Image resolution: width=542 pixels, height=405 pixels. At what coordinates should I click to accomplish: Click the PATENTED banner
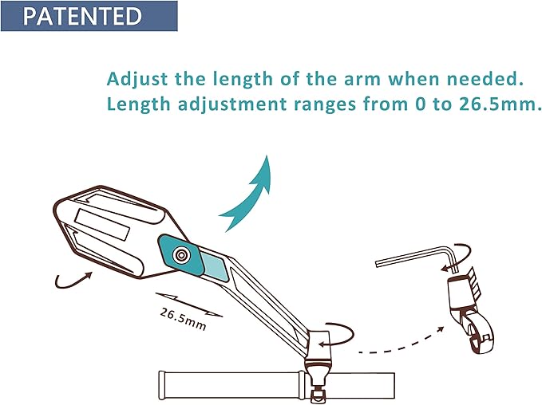[x=89, y=16]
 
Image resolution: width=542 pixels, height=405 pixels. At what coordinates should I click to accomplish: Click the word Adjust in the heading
[x=137, y=79]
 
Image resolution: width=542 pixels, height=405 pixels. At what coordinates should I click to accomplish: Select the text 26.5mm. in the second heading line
[x=500, y=104]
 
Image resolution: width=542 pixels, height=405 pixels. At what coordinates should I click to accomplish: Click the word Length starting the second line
[x=139, y=104]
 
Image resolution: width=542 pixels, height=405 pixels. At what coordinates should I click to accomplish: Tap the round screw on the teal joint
[x=180, y=255]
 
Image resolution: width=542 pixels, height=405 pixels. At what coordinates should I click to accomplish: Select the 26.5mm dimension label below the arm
[x=183, y=319]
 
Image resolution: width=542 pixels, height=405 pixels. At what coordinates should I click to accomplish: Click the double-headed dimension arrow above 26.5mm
[x=188, y=305]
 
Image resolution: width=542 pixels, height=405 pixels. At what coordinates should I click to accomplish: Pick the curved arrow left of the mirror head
[x=72, y=281]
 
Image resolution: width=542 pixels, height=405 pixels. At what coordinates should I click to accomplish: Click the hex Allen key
[x=417, y=258]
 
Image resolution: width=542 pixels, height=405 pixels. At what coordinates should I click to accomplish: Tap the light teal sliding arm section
[x=215, y=265]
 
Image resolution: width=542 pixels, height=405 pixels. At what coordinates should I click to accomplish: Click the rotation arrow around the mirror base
[x=336, y=335]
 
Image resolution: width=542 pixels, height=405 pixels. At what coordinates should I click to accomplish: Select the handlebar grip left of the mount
[x=231, y=385]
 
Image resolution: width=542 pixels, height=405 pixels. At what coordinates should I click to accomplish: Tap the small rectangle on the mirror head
[x=102, y=225]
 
